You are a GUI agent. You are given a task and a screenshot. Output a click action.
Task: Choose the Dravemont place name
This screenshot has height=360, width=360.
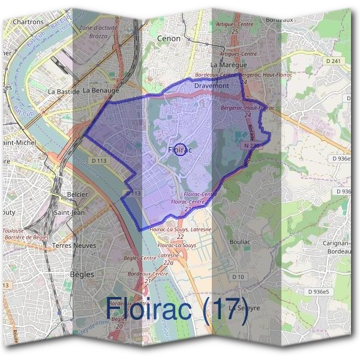(212, 86)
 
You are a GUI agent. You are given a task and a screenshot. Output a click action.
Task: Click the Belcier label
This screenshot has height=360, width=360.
(78, 195)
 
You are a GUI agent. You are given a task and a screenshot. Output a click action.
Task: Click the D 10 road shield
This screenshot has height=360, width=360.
(239, 277)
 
